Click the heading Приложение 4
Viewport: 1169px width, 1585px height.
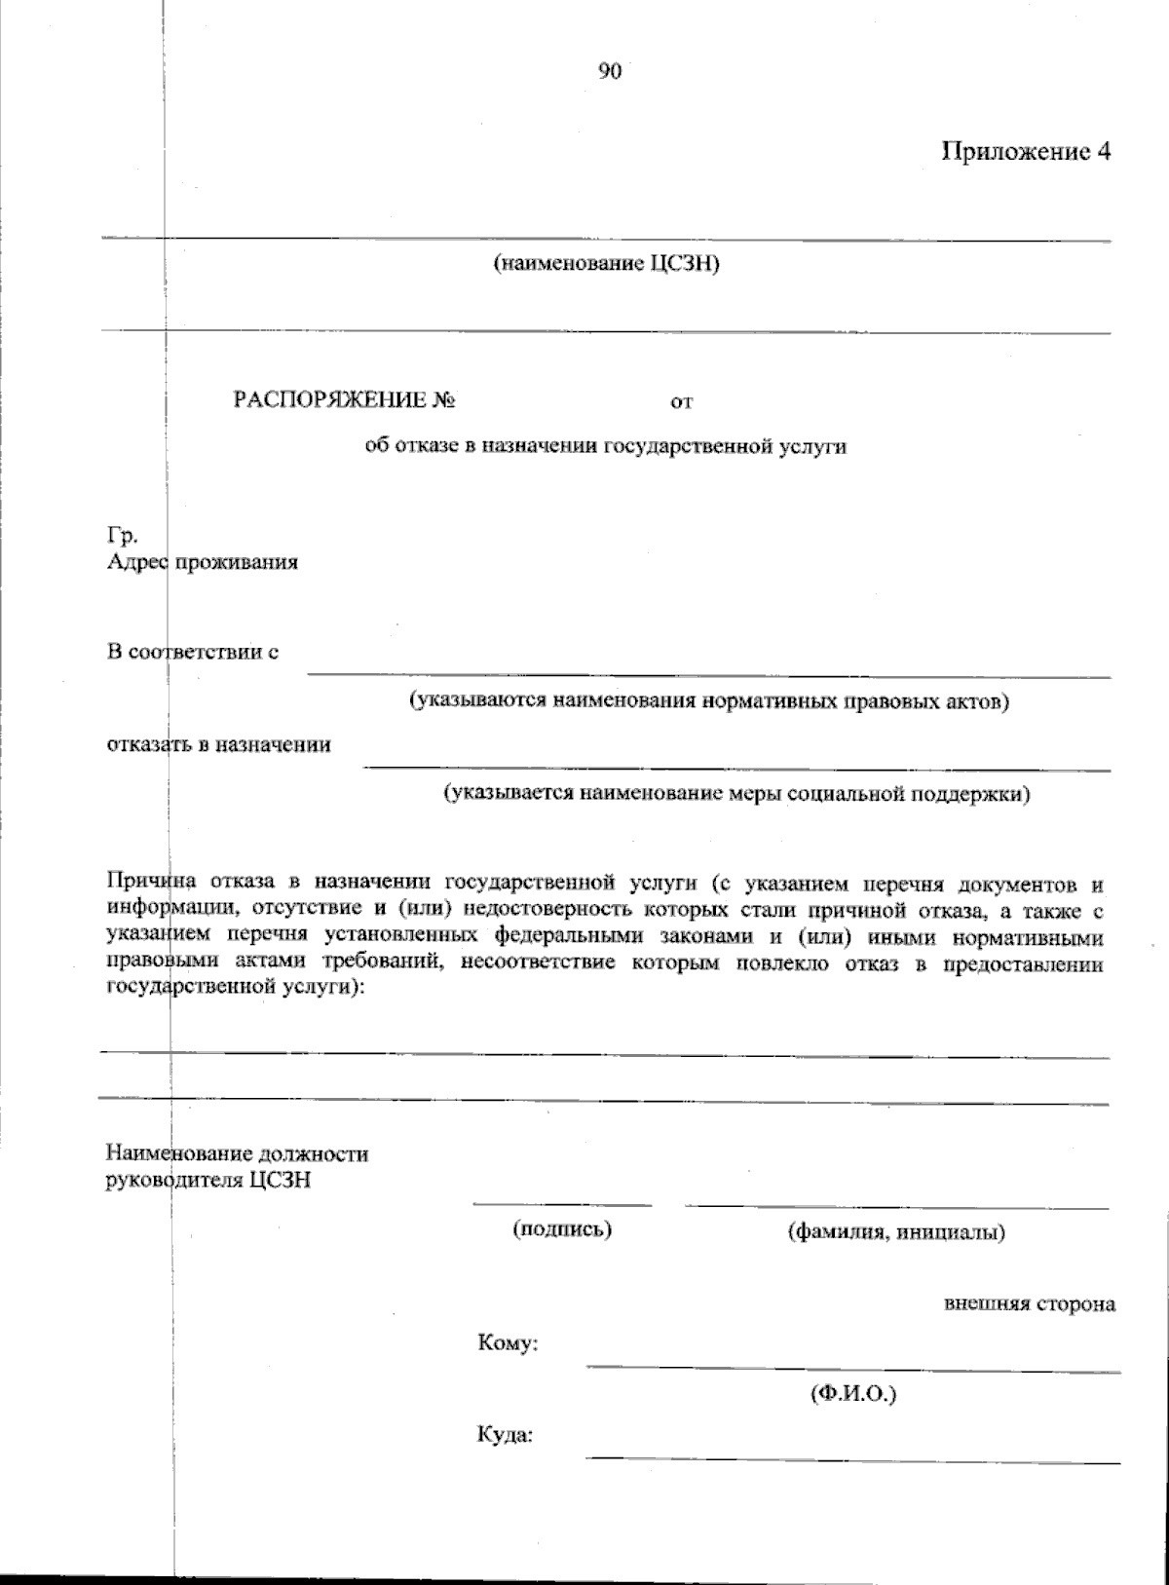coord(1025,152)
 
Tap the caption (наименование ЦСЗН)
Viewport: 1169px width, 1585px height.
coord(606,264)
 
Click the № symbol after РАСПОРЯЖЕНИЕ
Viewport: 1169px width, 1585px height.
coord(446,400)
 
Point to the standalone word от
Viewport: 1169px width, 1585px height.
coord(682,401)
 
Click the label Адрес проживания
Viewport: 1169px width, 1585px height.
coord(202,562)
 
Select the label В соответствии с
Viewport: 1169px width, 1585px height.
coord(193,652)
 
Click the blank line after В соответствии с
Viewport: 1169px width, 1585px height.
coord(708,672)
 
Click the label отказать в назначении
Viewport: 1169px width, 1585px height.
coord(219,745)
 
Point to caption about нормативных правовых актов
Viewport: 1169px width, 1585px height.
coord(708,700)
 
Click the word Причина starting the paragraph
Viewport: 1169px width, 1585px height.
coord(145,884)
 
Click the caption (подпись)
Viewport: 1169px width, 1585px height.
coord(562,1229)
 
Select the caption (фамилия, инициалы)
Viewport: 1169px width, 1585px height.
coord(896,1232)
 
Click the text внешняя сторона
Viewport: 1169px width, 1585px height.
coord(1030,1303)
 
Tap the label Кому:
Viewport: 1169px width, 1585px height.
coord(509,1344)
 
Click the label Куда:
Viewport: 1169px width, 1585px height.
coord(505,1436)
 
